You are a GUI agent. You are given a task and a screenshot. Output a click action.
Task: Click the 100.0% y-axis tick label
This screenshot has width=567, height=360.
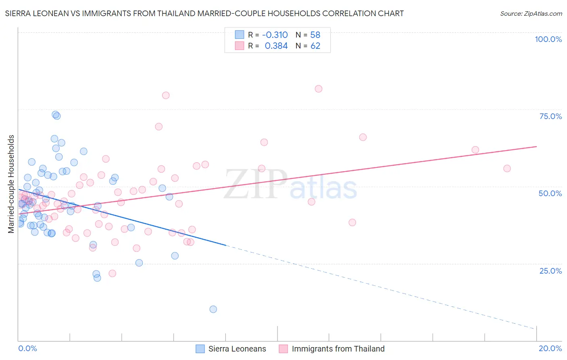tap(548, 39)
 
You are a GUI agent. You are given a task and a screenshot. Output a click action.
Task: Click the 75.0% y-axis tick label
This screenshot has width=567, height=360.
tap(550, 116)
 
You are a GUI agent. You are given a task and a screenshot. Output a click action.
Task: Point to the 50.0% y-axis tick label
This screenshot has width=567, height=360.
tap(550, 193)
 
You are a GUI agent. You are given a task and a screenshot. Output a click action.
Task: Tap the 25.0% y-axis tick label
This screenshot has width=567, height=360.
tap(550, 270)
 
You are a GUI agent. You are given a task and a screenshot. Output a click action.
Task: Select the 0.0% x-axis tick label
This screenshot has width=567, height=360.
tap(27, 348)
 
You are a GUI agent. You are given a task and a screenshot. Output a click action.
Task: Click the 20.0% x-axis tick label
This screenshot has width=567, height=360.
tap(550, 348)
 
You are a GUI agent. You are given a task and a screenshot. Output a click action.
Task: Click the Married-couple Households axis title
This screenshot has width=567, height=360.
tap(11, 184)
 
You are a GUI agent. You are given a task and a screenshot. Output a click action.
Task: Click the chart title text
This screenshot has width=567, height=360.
tap(204, 13)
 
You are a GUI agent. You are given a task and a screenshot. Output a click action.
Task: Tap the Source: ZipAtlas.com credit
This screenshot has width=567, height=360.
tap(531, 14)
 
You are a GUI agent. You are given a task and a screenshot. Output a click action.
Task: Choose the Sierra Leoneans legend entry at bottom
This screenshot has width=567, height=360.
tap(237, 349)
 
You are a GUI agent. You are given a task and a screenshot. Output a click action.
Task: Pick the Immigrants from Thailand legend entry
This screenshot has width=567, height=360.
tap(338, 349)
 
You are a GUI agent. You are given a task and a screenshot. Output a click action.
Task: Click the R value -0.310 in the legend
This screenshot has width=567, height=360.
tap(275, 35)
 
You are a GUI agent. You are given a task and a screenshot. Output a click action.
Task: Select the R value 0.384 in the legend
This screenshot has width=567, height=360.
tap(276, 46)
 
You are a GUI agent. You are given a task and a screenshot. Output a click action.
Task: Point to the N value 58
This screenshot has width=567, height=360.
tap(315, 35)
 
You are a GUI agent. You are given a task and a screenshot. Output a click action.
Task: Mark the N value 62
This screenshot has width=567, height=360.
tap(315, 46)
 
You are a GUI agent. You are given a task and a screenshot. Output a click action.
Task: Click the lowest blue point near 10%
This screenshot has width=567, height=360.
tap(213, 309)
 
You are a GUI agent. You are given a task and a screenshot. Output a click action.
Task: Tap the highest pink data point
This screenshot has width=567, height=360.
tap(319, 89)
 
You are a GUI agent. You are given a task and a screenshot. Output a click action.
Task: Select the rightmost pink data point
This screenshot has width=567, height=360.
tap(507, 168)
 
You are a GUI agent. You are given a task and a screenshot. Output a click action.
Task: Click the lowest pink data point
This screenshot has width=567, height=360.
tap(113, 273)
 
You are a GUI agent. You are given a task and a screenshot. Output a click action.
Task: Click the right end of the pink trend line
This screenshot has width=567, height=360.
tap(536, 147)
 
